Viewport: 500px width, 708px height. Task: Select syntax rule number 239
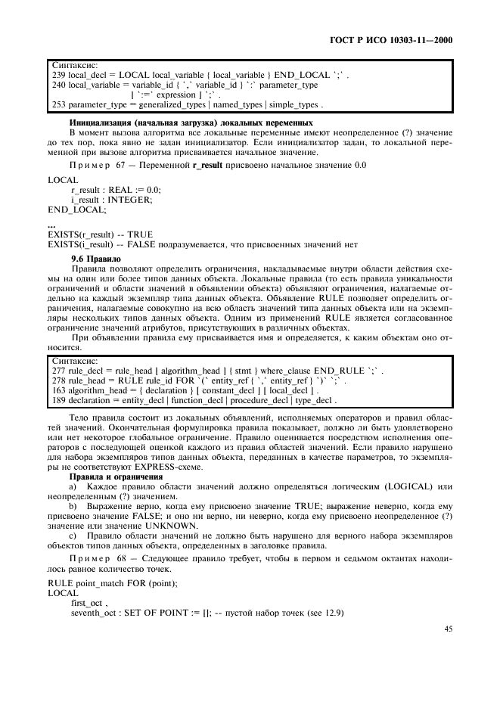[58, 76]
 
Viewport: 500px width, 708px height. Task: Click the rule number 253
[58, 105]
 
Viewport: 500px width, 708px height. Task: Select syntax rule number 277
[58, 371]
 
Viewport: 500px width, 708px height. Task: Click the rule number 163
[58, 390]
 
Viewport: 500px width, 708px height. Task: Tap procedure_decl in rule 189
[261, 399]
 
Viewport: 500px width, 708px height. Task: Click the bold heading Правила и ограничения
[116, 477]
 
